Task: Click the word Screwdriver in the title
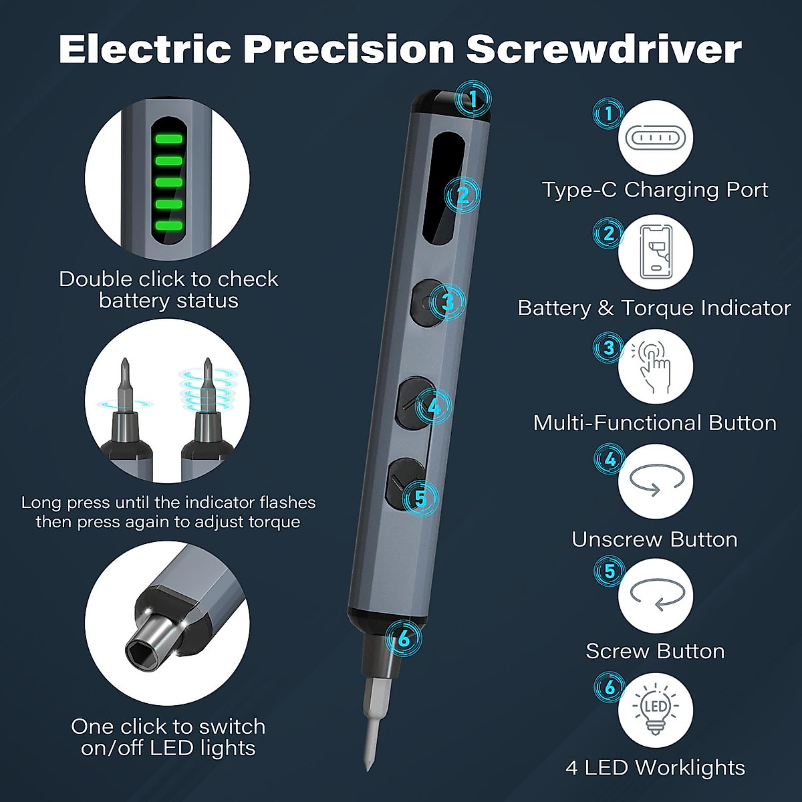click(604, 49)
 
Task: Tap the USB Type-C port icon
click(656, 138)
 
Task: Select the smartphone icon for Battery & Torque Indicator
click(656, 252)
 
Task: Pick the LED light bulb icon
click(656, 710)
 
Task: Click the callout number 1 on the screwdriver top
click(473, 100)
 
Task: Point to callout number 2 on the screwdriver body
click(463, 195)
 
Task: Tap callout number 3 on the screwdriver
click(448, 302)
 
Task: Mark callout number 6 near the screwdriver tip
click(404, 639)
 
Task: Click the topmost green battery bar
click(168, 139)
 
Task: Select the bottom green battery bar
click(168, 225)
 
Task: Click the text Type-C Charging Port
click(655, 190)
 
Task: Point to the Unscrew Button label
click(655, 539)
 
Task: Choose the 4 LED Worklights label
click(655, 767)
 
